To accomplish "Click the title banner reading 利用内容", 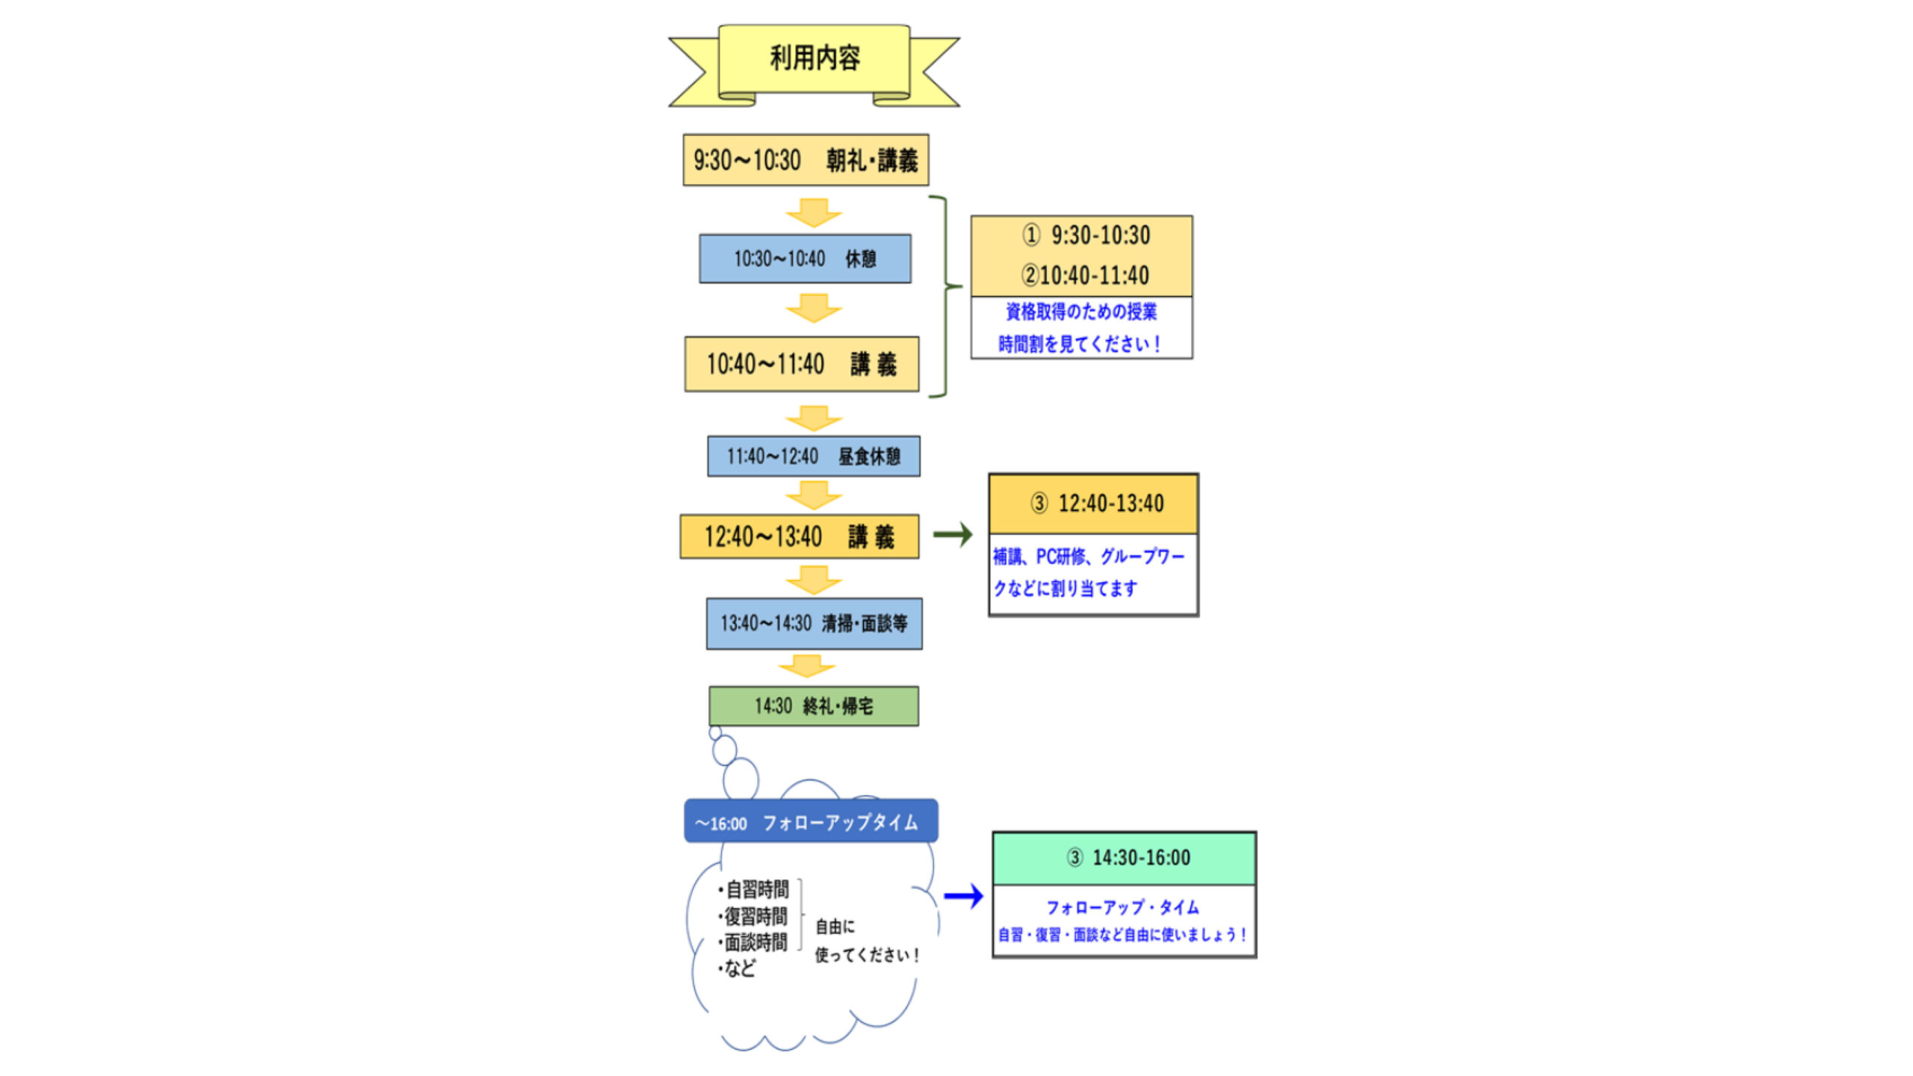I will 814,58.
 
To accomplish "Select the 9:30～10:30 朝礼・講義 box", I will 806,160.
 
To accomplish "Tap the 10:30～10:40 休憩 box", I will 805,259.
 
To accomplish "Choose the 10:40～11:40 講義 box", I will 802,364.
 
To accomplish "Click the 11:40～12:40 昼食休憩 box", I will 814,456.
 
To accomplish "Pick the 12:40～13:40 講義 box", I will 799,537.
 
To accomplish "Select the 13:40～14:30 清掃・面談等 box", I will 814,623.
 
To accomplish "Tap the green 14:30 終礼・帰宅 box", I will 814,706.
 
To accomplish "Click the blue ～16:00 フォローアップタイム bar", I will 811,822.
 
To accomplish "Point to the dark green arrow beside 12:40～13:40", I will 953,534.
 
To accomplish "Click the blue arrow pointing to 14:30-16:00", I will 964,896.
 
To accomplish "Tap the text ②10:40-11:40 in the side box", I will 1085,276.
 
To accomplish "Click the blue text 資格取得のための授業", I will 1081,312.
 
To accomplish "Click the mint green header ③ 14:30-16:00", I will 1128,858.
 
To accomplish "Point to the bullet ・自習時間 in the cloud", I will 754,889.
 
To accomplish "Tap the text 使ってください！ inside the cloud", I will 867,955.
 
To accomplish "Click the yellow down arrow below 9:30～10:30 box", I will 814,212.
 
